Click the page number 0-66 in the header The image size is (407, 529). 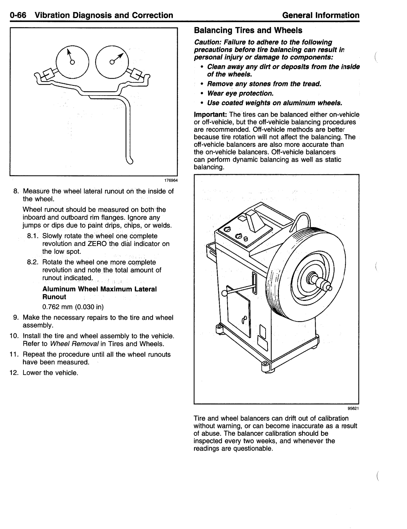(18, 15)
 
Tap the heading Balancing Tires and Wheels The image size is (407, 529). (248, 30)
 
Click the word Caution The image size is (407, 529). (207, 42)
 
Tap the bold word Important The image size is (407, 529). (210, 115)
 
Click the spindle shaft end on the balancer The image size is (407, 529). (329, 288)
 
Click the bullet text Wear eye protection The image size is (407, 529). (240, 93)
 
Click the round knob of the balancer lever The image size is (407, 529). (224, 293)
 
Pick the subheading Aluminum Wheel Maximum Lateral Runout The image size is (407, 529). (99, 293)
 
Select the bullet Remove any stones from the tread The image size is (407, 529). (264, 84)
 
